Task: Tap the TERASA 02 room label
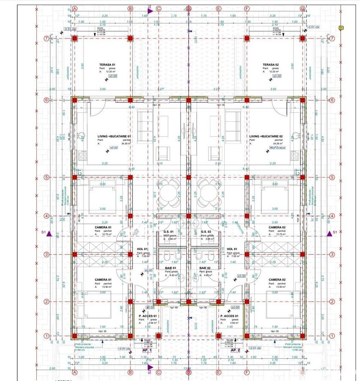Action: [x=271, y=65]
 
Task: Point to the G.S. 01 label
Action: [x=169, y=232]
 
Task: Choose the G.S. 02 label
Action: [x=206, y=232]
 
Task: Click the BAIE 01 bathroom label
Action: [x=170, y=268]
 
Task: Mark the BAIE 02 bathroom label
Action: [x=205, y=268]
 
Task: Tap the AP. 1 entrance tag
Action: [x=147, y=351]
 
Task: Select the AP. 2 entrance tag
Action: [x=236, y=351]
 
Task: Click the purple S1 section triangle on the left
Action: [x=49, y=233]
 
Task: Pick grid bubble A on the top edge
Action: [x=75, y=8]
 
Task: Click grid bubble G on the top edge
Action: [x=302, y=8]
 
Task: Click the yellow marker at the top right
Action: [x=341, y=28]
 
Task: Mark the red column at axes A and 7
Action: [x=75, y=38]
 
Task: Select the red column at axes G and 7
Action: [x=302, y=38]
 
